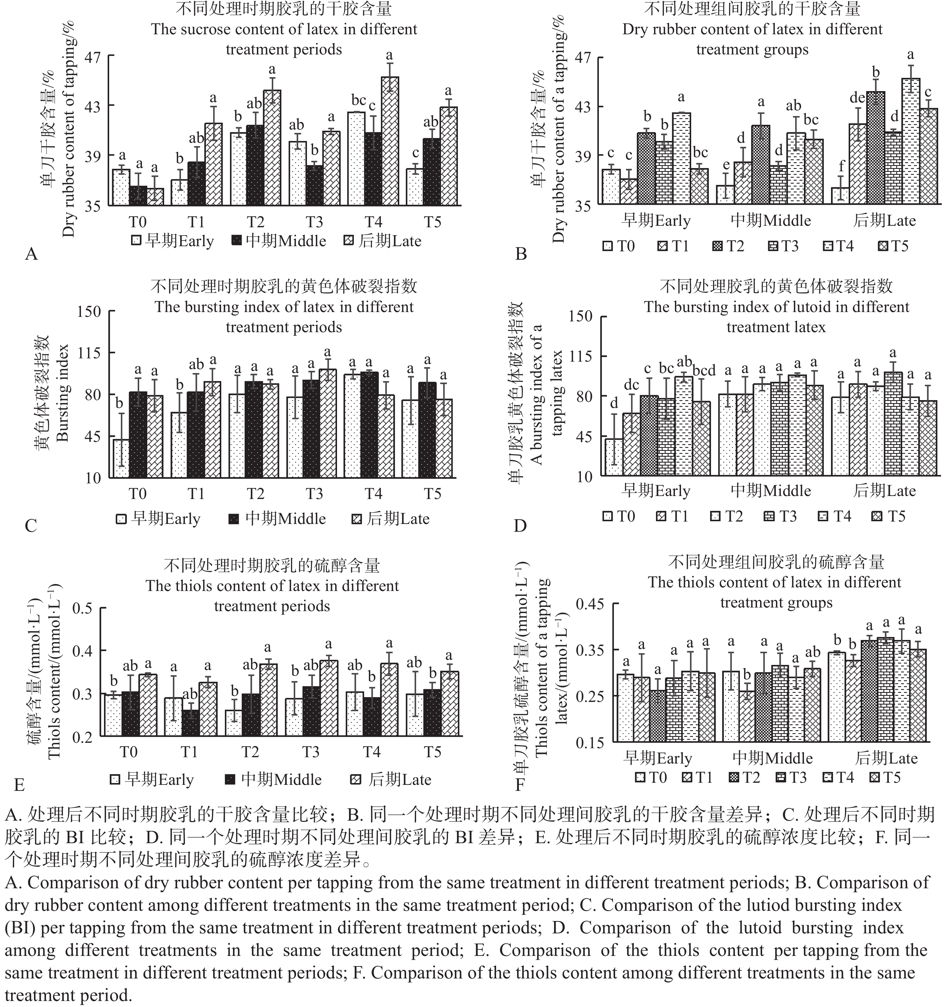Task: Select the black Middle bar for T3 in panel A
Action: point(315,185)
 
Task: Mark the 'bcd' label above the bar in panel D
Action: point(704,370)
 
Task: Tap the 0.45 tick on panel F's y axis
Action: point(590,604)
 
